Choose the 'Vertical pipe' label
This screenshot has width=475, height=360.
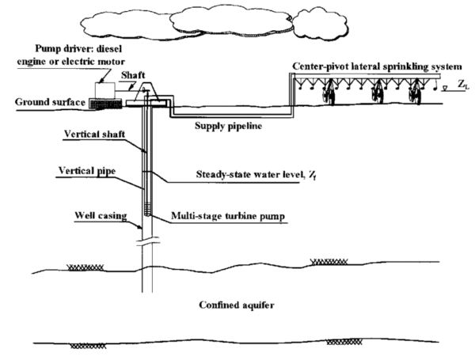pos(87,172)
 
